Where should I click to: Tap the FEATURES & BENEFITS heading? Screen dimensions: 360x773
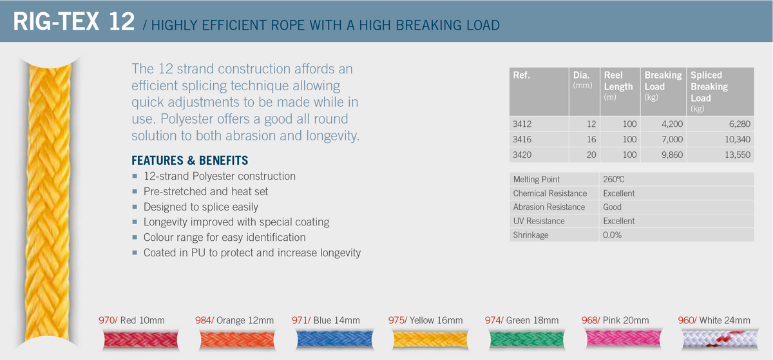(189, 160)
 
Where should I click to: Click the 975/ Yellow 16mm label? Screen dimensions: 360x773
(425, 320)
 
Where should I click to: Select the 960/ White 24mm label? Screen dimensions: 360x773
(714, 320)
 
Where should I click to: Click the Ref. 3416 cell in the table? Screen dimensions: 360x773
(522, 139)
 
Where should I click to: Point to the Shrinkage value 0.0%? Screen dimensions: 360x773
(613, 235)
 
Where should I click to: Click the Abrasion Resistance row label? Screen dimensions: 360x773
(549, 207)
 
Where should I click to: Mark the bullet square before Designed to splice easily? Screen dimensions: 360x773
(135, 207)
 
